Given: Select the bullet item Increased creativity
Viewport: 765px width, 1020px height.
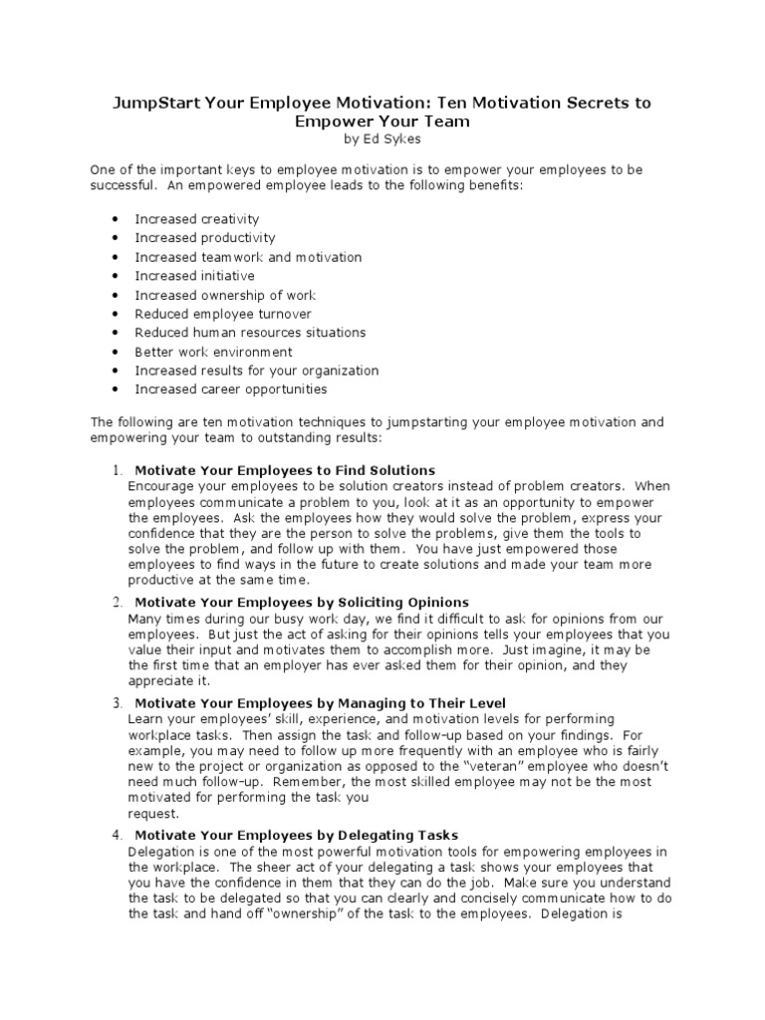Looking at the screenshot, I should [197, 219].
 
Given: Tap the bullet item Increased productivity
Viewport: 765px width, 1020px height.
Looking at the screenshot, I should [205, 238].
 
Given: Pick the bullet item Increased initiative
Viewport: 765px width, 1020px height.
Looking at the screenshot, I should [194, 276].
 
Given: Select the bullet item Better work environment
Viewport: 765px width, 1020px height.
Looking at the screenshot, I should [213, 352].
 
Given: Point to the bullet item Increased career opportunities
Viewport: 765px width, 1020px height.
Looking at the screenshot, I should [230, 389].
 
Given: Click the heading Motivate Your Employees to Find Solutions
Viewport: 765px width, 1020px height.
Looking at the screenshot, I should [285, 470].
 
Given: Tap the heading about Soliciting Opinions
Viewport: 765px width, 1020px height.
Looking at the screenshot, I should [301, 603].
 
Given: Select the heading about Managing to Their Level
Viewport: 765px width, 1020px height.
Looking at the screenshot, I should [320, 703].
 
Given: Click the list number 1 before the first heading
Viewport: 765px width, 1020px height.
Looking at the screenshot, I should [116, 470].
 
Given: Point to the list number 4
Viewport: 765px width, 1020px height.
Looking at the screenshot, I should [116, 835].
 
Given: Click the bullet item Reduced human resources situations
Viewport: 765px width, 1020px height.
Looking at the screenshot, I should [250, 333].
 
